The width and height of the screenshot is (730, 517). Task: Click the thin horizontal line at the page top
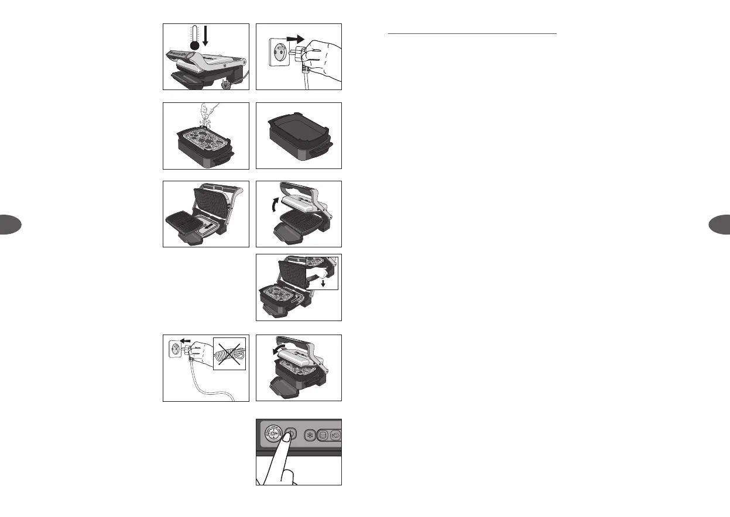coord(472,34)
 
